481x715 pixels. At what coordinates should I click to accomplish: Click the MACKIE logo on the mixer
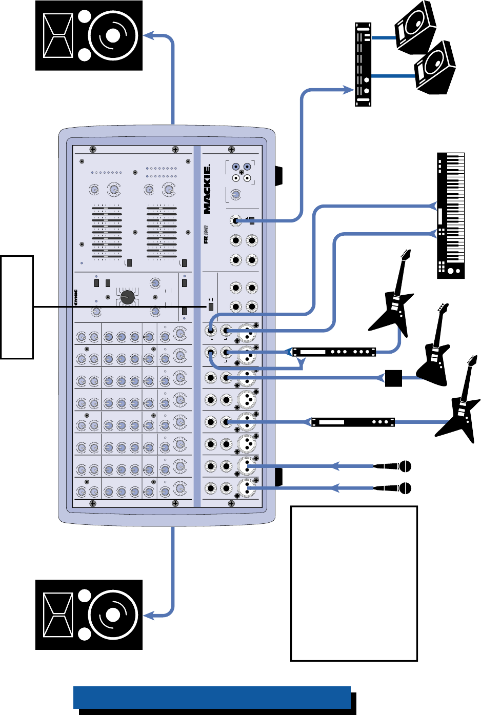(x=207, y=190)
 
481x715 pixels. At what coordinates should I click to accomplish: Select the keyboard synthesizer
(x=451, y=215)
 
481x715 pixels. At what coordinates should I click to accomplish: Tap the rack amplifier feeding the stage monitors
(x=363, y=64)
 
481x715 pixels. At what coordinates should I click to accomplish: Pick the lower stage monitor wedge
(x=435, y=68)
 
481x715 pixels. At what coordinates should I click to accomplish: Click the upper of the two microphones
(x=393, y=466)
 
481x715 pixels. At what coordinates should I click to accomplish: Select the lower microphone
(x=393, y=488)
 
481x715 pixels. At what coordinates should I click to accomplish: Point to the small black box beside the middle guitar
(x=393, y=378)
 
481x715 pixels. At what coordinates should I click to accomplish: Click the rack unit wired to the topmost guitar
(x=333, y=352)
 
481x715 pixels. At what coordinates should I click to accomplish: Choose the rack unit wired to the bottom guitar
(x=353, y=422)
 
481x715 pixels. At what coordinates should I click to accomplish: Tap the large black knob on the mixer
(x=127, y=297)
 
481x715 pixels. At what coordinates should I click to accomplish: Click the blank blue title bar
(x=212, y=698)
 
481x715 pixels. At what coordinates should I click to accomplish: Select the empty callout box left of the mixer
(x=17, y=307)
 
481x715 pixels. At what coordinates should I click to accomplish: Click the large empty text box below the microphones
(x=354, y=583)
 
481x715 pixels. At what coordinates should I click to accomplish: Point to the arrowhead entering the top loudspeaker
(x=148, y=35)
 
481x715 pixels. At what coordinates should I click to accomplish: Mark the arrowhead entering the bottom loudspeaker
(x=148, y=614)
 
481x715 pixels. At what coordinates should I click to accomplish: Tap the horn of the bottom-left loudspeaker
(x=58, y=615)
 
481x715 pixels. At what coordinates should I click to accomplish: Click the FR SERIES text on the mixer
(x=206, y=234)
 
